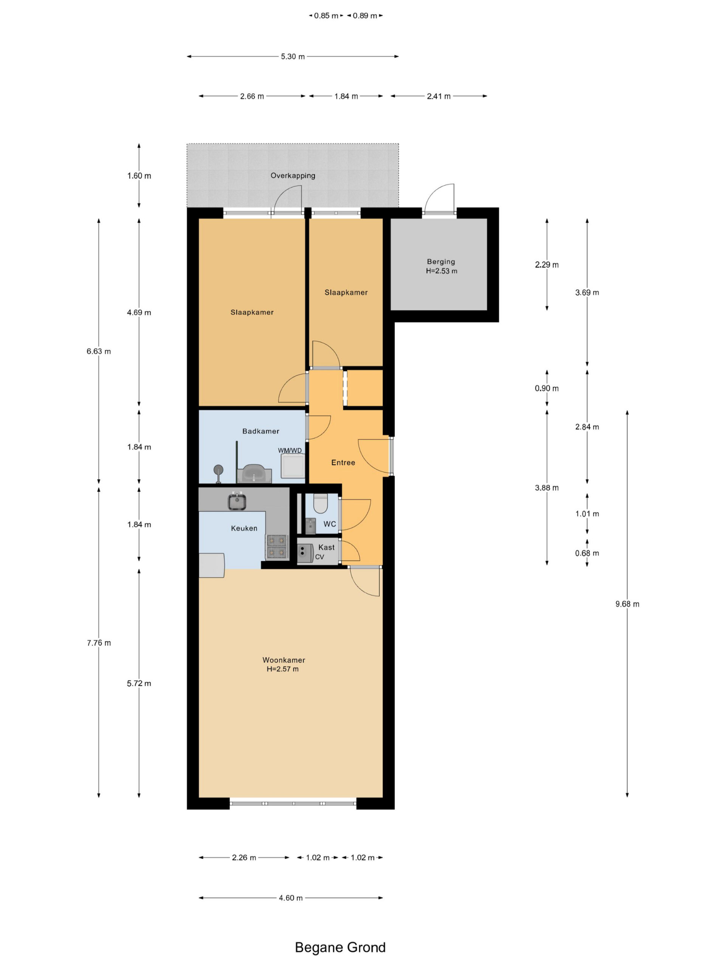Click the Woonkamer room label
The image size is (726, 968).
pyautogui.click(x=284, y=660)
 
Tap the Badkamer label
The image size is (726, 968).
pyautogui.click(x=261, y=431)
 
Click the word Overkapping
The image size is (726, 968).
pyautogui.click(x=293, y=175)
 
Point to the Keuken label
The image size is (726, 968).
pyautogui.click(x=244, y=528)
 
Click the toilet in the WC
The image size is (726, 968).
pyautogui.click(x=321, y=503)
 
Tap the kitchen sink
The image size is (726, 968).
pyautogui.click(x=237, y=501)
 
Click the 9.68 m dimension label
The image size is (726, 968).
pyautogui.click(x=627, y=604)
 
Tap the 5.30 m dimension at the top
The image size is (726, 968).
pyautogui.click(x=293, y=56)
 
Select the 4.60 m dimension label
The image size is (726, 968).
pyautogui.click(x=290, y=898)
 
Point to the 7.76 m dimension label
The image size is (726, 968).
pyautogui.click(x=99, y=643)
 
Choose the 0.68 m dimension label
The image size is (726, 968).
pyautogui.click(x=587, y=553)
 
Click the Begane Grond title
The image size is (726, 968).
pyautogui.click(x=340, y=948)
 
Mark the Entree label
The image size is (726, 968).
pyautogui.click(x=343, y=462)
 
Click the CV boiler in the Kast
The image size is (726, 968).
pyautogui.click(x=305, y=553)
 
